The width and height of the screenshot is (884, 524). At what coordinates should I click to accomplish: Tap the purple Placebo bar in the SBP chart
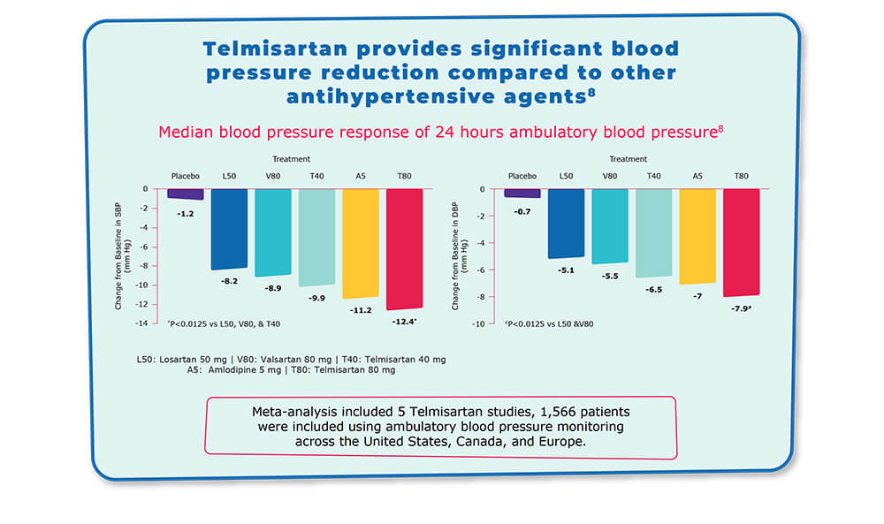(186, 194)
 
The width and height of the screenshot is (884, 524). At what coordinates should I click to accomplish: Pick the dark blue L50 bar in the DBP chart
(566, 223)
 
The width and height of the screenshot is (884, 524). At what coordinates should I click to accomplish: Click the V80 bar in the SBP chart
(273, 232)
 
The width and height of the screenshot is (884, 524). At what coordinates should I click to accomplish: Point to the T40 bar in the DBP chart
(654, 232)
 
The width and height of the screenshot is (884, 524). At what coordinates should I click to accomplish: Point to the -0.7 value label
(522, 210)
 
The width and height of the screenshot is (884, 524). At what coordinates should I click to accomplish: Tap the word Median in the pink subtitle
(185, 133)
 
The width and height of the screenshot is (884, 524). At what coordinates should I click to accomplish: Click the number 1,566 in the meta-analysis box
(511, 412)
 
